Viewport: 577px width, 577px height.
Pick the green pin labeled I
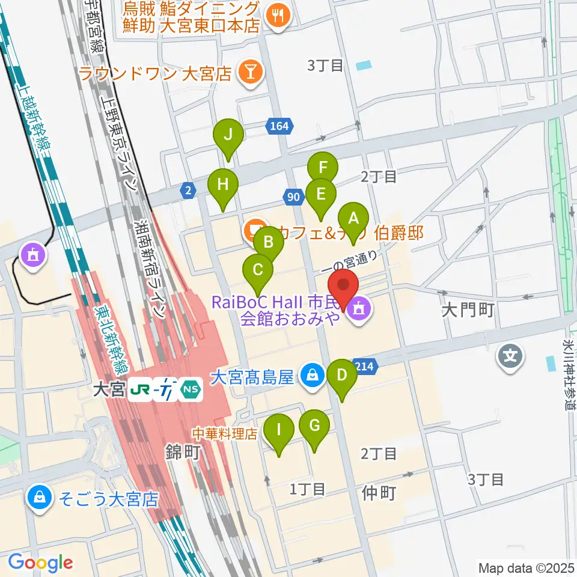point(279,431)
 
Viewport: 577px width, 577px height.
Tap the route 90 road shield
point(293,197)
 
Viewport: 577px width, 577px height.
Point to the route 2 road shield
point(188,191)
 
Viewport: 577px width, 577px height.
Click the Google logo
point(40,562)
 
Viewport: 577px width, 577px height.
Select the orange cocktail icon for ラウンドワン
point(248,74)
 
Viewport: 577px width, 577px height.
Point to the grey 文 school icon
point(510,358)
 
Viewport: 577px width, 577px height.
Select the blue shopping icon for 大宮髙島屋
point(312,377)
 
